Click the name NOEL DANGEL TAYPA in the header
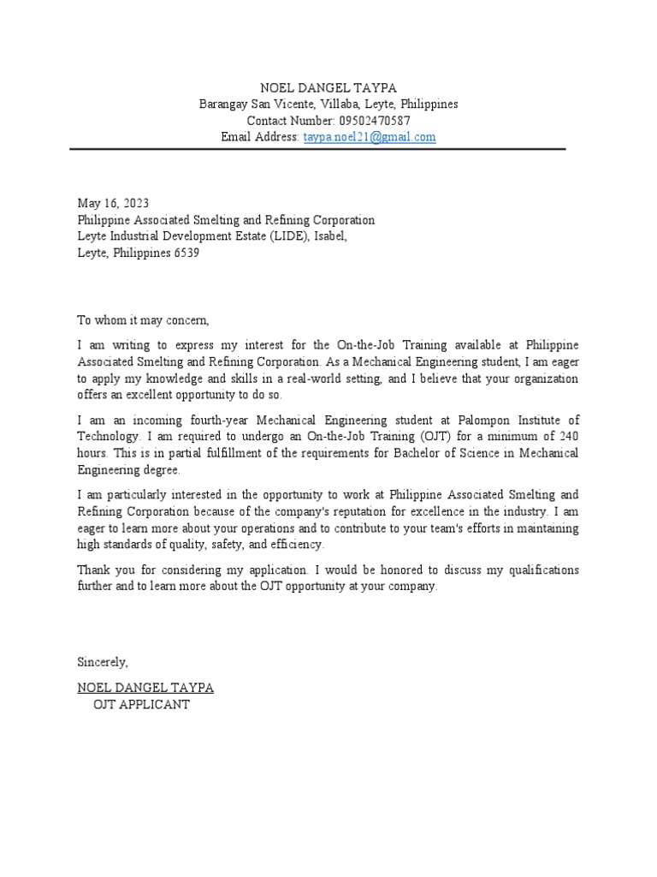pyautogui.click(x=328, y=87)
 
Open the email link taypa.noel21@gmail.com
pyautogui.click(x=370, y=137)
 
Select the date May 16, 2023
pyautogui.click(x=113, y=204)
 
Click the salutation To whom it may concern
pyautogui.click(x=143, y=320)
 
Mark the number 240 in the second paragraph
pyautogui.click(x=567, y=437)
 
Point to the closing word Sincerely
pyautogui.click(x=103, y=662)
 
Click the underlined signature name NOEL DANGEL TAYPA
pyautogui.click(x=145, y=688)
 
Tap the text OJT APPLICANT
pyautogui.click(x=141, y=705)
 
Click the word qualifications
pyautogui.click(x=539, y=570)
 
